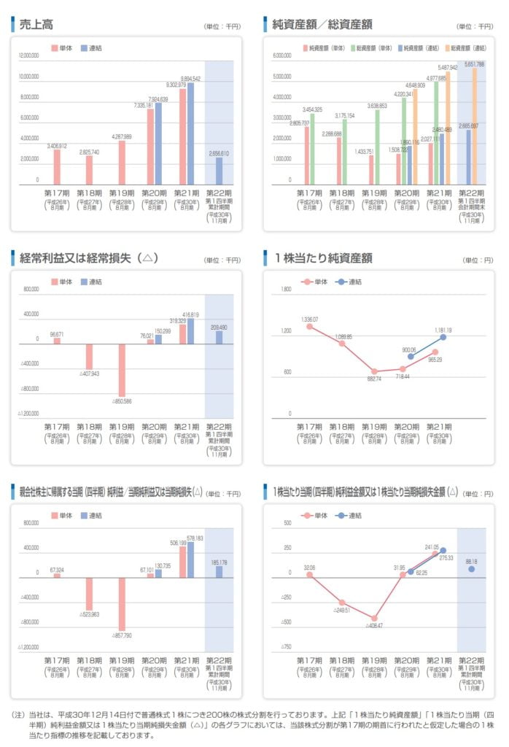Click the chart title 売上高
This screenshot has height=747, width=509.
coord(36,24)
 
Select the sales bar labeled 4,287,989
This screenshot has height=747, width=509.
coord(122,162)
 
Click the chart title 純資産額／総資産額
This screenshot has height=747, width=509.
coord(322,24)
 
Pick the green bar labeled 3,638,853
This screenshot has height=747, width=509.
coord(377,147)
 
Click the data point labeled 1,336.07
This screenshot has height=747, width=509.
coord(309,326)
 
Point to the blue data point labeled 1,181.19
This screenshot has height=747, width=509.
coord(443,337)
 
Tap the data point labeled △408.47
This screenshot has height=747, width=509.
coord(375,618)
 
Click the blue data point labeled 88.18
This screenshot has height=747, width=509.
coord(472,568)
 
